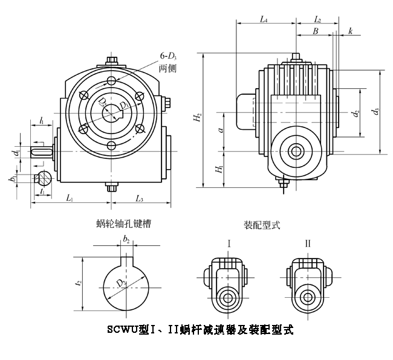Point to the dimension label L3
coord(139,199)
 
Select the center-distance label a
coord(221,129)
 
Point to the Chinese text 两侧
coord(167,68)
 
